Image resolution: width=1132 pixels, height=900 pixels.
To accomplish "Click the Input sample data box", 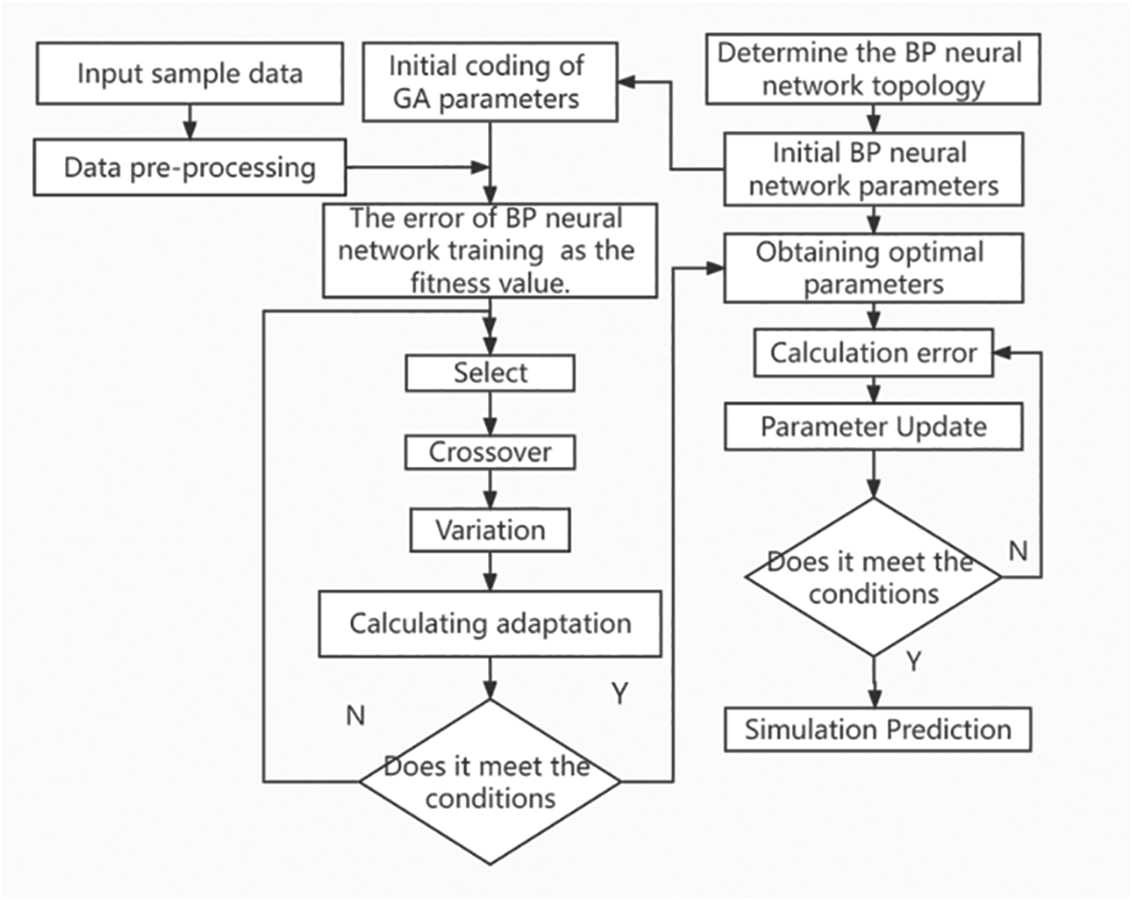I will tap(189, 73).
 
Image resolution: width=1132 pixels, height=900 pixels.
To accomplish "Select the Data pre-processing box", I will tap(189, 168).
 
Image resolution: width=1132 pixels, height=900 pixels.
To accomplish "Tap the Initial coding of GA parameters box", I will tap(490, 82).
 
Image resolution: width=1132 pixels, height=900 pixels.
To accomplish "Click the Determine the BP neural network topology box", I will tap(870, 69).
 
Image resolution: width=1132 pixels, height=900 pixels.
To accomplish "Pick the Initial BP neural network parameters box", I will tap(873, 170).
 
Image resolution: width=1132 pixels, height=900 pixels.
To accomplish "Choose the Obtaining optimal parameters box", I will tap(873, 268).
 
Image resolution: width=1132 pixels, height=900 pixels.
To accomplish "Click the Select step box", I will tap(490, 372).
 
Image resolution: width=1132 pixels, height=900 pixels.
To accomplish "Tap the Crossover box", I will tap(490, 452).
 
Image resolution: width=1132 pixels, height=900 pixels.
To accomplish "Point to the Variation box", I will tap(490, 530).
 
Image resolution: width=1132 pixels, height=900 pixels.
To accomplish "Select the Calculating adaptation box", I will tap(490, 623).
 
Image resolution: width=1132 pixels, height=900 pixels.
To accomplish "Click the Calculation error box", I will tap(873, 353).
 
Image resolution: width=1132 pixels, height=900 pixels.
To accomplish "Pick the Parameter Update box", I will tap(873, 427).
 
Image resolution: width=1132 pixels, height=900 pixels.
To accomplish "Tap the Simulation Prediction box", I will tap(878, 729).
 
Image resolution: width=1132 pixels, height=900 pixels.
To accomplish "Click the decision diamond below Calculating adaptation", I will tap(490, 782).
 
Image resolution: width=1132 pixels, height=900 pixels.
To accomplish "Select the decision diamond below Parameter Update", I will tap(873, 577).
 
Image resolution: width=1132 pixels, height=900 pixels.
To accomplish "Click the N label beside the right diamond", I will tap(1018, 550).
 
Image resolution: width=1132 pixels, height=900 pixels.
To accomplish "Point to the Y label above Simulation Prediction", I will tap(914, 663).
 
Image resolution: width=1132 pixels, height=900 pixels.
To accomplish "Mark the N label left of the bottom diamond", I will tap(355, 715).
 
